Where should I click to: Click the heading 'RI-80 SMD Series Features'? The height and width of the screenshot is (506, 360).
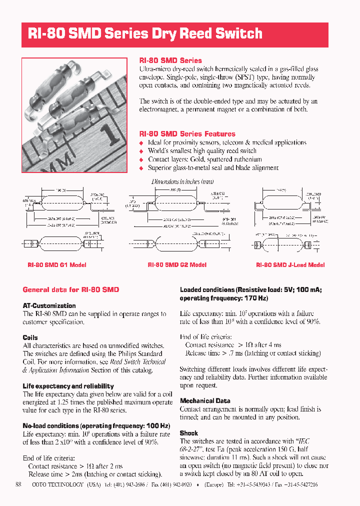tap(187, 134)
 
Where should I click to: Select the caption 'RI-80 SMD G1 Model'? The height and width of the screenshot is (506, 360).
tap(56, 265)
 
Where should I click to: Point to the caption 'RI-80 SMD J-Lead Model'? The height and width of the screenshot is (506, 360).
tap(290, 265)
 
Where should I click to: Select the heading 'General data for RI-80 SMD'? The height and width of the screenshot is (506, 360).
tap(71, 289)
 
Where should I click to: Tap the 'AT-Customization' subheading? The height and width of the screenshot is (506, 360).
tap(49, 305)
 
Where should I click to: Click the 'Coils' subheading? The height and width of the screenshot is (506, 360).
tap(30, 337)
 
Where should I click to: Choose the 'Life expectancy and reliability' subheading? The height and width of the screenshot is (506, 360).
tap(68, 386)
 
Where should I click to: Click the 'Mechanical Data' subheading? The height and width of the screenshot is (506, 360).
tap(205, 401)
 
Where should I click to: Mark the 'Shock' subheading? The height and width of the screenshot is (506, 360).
tap(189, 433)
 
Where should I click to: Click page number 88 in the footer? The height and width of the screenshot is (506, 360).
tap(18, 484)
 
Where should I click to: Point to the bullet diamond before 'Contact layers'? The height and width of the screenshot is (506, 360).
tap(141, 160)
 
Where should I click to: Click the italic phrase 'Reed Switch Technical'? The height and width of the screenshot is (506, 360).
tap(138, 362)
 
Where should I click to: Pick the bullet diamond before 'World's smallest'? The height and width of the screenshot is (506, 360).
tap(141, 151)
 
